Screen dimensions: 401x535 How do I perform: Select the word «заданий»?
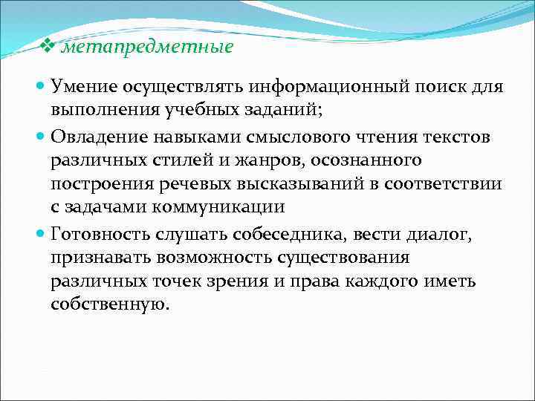click(x=285, y=111)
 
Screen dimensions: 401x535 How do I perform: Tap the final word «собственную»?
click(x=110, y=305)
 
